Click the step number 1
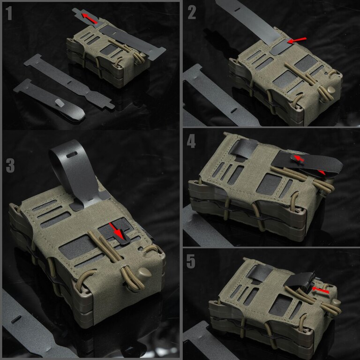point(9,13)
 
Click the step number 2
point(192,12)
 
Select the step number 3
point(10,165)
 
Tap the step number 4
point(191,141)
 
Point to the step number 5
point(191,261)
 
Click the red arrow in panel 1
point(90,19)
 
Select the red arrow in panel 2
point(297,40)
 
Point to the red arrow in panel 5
point(320,290)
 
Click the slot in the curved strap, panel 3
point(72,155)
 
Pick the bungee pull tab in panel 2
point(330,90)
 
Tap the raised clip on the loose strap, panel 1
point(60,103)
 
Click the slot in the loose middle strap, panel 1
point(70,82)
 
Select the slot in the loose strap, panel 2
point(234,111)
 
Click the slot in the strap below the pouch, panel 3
point(16,320)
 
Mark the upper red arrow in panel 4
point(299,158)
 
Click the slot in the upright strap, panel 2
point(238,10)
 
